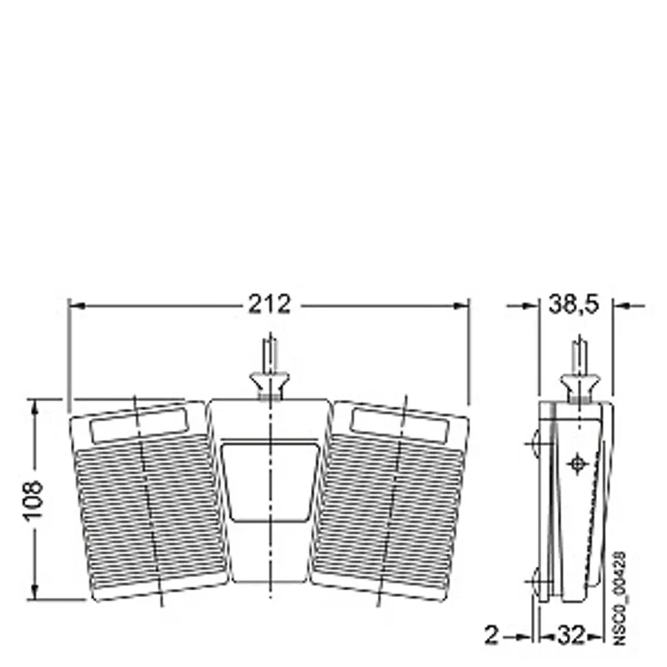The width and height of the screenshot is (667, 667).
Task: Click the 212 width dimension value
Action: click(x=269, y=304)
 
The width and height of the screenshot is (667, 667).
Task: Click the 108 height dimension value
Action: click(x=33, y=500)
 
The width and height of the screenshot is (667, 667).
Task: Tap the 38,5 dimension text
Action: click(x=574, y=304)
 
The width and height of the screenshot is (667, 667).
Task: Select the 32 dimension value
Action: click(x=571, y=635)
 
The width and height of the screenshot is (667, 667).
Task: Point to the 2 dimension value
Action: click(x=491, y=635)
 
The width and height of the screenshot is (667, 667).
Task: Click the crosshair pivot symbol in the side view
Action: click(x=577, y=464)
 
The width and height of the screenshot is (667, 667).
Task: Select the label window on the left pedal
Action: click(x=138, y=425)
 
